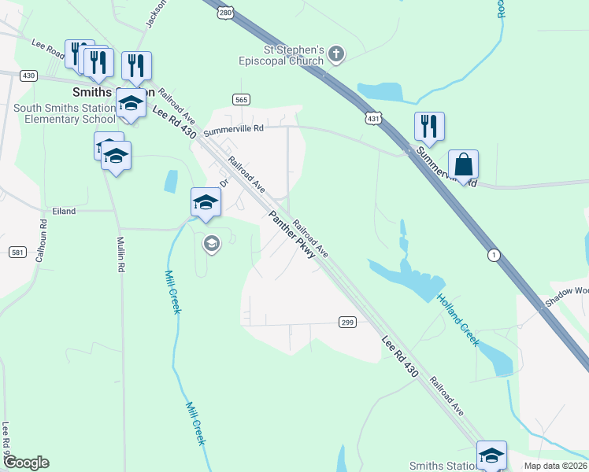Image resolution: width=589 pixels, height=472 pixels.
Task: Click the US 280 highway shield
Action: pos(226,13)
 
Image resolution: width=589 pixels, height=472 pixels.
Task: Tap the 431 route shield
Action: pos(373,118)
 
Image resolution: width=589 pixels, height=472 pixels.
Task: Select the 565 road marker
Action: pos(241,98)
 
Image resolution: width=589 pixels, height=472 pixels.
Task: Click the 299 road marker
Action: pos(347,322)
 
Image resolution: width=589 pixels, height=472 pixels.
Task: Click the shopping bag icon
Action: pos(464,165)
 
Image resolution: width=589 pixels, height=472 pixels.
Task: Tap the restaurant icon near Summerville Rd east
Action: pos(429,127)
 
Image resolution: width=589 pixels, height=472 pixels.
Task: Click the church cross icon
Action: pos(336,54)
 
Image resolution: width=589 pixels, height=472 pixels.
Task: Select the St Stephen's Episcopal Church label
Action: pos(282,55)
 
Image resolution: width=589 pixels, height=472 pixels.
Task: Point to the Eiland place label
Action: pos(64,211)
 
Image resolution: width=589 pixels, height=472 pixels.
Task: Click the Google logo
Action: pos(25,463)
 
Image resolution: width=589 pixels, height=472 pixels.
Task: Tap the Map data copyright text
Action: pos(555,466)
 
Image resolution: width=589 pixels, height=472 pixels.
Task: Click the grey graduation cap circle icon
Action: pos(210,243)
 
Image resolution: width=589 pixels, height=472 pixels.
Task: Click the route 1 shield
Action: pos(494,254)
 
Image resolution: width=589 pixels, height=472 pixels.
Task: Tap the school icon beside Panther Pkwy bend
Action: pos(206,202)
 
